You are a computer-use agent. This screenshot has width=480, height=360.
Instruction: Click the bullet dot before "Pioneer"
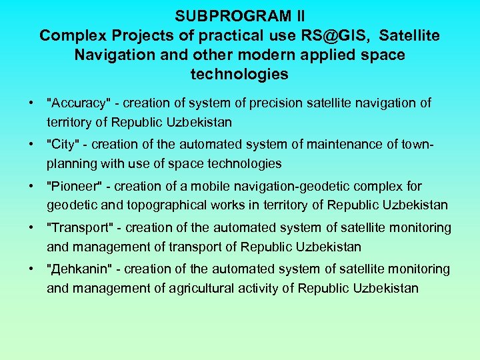point(31,187)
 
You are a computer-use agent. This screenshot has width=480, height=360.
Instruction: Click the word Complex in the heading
point(67,35)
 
